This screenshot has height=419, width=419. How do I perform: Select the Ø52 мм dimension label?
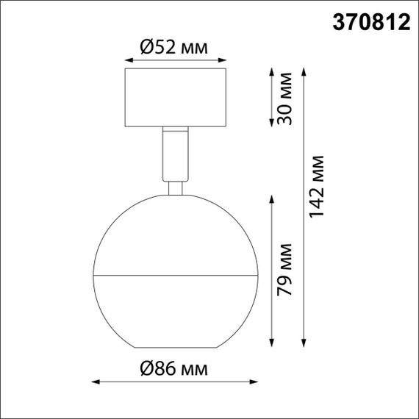(x=173, y=49)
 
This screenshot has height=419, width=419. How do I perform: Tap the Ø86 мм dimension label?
(x=173, y=367)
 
